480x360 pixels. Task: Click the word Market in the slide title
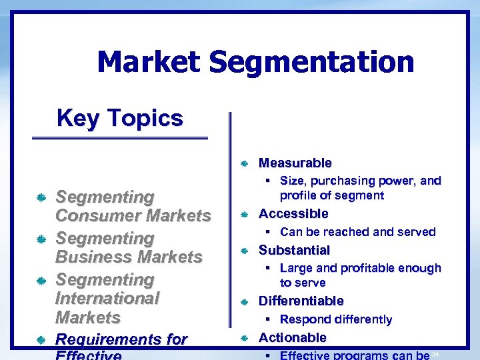click(148, 63)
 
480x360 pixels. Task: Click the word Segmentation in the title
click(311, 63)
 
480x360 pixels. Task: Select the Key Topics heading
click(120, 118)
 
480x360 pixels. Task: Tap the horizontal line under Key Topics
click(120, 138)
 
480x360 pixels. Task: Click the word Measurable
click(295, 163)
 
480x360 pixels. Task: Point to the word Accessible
click(293, 213)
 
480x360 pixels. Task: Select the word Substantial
click(294, 250)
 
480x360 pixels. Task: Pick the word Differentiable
click(301, 301)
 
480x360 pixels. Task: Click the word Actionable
click(292, 337)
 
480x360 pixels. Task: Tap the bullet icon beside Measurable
click(245, 163)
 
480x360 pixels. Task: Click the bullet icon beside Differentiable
click(245, 302)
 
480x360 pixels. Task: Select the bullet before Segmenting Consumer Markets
click(41, 198)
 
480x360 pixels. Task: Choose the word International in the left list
click(107, 298)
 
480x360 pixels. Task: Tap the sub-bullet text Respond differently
click(336, 319)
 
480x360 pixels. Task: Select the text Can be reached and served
click(357, 232)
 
